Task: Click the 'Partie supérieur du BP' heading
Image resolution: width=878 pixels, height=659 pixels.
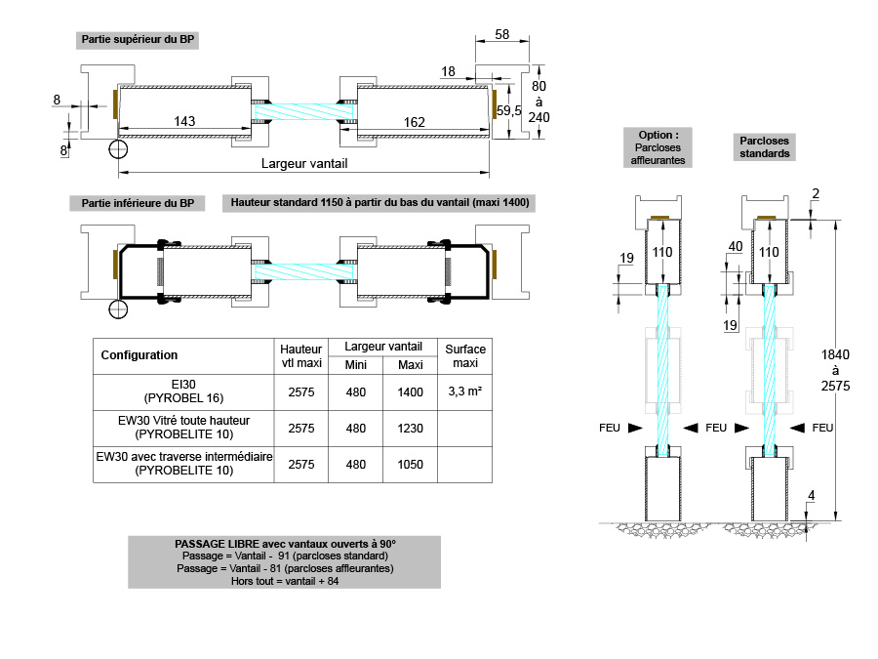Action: (x=137, y=40)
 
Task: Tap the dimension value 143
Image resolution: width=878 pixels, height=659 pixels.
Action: (x=184, y=121)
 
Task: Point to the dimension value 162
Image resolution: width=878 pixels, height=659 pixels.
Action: (x=414, y=121)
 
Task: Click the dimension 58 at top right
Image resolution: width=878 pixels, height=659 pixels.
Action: (x=502, y=35)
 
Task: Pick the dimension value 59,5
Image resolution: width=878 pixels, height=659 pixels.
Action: (x=510, y=110)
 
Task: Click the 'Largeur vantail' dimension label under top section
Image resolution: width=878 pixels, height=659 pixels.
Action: (x=303, y=163)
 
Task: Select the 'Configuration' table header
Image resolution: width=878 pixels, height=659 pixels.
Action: (x=140, y=355)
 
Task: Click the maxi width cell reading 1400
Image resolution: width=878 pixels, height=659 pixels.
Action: (x=411, y=391)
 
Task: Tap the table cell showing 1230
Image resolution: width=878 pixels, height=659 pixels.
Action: (x=411, y=428)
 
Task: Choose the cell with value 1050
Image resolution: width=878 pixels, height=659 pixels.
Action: (x=411, y=464)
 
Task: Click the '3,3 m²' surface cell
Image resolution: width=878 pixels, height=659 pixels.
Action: (x=465, y=391)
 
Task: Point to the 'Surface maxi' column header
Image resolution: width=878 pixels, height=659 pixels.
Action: (x=465, y=355)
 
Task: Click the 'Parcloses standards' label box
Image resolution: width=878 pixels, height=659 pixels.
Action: (x=765, y=147)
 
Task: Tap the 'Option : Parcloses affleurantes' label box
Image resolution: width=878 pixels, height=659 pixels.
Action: (x=658, y=147)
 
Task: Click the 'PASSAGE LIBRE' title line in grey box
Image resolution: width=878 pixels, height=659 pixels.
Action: (x=285, y=544)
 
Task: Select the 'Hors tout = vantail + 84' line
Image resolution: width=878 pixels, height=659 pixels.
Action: (x=285, y=580)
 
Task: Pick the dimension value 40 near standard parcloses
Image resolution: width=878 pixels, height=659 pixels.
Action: (x=736, y=245)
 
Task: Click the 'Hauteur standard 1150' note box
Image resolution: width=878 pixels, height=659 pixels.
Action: (x=380, y=203)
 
